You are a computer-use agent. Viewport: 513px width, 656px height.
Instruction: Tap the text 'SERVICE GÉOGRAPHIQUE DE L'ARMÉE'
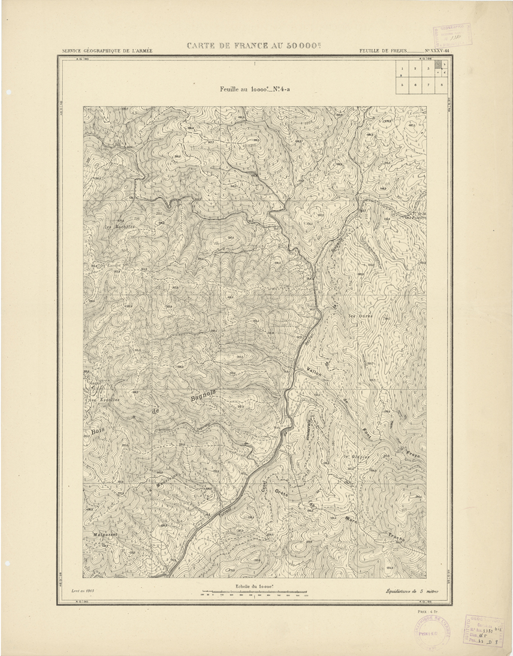pos(107,51)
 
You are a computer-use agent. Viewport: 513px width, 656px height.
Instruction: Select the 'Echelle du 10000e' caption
pos(254,587)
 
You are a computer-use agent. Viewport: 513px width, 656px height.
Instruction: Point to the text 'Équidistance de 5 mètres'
pos(413,591)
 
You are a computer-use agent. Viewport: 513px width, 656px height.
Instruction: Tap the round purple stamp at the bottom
pos(426,630)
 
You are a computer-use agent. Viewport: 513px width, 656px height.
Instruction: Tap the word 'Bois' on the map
pos(96,431)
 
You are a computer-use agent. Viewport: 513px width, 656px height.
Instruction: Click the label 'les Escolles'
pos(104,400)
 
